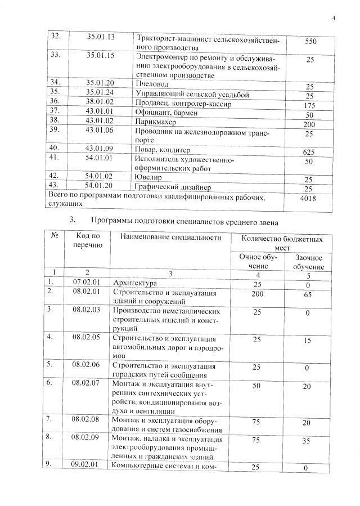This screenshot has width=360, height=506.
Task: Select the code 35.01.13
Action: pos(101,38)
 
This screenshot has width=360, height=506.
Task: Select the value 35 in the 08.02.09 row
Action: pos(307,441)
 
